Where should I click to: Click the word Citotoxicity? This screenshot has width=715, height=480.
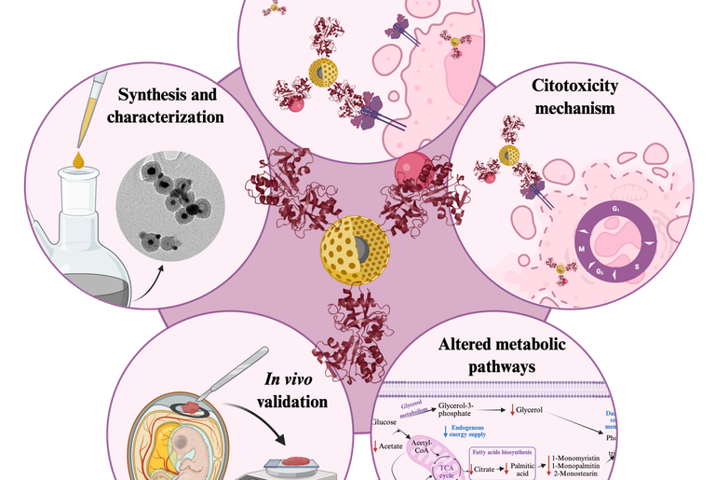[567, 88]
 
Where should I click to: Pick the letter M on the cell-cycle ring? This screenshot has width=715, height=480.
[583, 250]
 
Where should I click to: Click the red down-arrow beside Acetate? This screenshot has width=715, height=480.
[376, 446]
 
